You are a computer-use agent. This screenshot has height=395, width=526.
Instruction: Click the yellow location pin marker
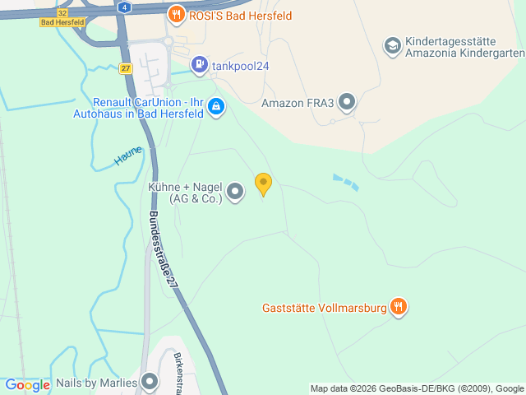coord(263,184)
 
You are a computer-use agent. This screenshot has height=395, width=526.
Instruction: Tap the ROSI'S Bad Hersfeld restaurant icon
coord(176,14)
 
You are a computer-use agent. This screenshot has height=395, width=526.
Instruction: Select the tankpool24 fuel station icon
coord(199,64)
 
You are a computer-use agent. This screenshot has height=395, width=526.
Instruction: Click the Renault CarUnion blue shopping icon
coord(216,106)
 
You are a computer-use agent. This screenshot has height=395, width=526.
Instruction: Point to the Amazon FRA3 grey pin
coord(348,103)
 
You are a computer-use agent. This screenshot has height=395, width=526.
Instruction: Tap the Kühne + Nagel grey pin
coord(236,193)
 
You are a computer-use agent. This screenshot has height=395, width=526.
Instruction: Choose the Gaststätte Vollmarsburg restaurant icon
coord(399,308)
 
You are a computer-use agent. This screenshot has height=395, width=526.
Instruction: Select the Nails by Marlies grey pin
coord(150,382)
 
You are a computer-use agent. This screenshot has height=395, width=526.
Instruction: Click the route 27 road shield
coord(125,68)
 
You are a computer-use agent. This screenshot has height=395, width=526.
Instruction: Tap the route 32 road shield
coord(62,12)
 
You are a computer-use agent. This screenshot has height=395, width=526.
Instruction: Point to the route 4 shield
coord(123,6)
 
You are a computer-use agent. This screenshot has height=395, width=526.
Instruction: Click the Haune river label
coord(128,156)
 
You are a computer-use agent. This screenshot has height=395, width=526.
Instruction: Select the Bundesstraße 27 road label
coord(163,249)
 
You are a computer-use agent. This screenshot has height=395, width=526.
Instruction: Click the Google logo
coord(27,385)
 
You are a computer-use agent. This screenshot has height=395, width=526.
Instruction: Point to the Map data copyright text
coord(417,388)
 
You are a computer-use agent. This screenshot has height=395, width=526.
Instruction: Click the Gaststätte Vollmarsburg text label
coord(323,309)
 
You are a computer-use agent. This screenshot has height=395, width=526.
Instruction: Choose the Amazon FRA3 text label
coord(298,104)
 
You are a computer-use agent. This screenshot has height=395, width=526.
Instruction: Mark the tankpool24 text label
coord(242,65)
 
